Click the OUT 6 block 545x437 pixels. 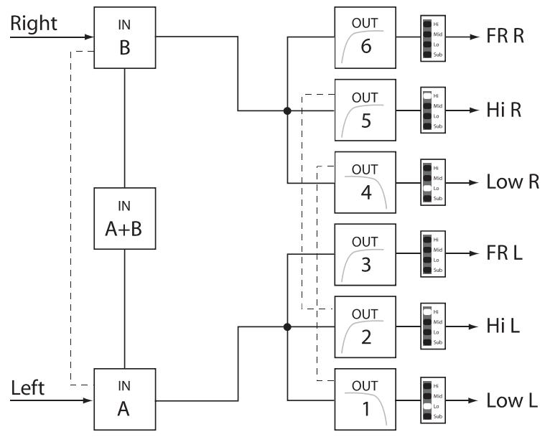tap(365, 38)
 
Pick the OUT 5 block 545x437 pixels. tap(365, 110)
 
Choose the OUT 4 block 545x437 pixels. tap(365, 182)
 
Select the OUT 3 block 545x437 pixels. tap(365, 253)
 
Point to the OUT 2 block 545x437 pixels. tap(365, 325)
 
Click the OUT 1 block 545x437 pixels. tap(365, 397)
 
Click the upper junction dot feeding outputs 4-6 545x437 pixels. tap(287, 111)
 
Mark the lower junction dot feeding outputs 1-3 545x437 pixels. tap(287, 326)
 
